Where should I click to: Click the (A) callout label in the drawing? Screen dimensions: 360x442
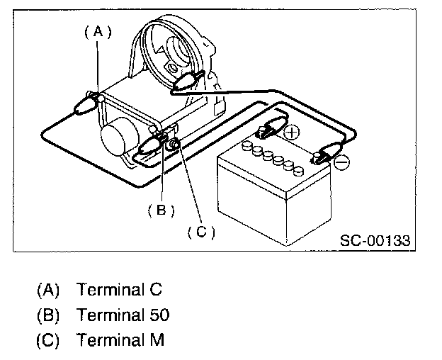tap(98, 31)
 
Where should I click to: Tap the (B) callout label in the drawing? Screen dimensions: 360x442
tap(161, 209)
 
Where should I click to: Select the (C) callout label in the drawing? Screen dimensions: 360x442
tap(201, 230)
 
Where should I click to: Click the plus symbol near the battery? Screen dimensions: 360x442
tap(291, 132)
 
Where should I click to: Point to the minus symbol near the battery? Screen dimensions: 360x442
tap(341, 163)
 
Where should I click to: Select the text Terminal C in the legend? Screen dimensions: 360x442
tap(120, 290)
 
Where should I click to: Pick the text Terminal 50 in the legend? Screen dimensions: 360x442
tap(123, 315)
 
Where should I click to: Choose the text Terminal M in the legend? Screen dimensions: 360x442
tap(120, 339)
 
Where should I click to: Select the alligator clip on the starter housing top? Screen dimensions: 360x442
tap(187, 82)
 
